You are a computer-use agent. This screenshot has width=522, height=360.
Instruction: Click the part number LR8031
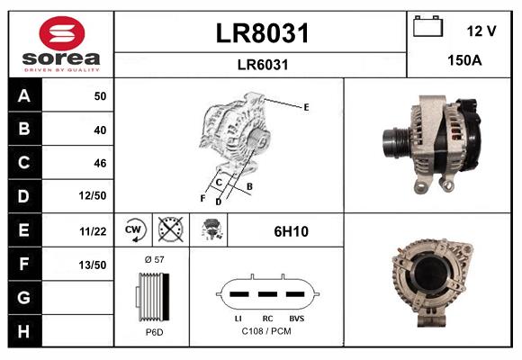point(262,34)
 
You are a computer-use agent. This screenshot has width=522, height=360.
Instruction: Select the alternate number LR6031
point(262,64)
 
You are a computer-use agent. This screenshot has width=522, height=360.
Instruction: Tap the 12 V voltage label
point(481,31)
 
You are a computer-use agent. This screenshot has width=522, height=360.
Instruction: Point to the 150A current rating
point(464,61)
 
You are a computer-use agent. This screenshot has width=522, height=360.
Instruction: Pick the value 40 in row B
point(99,130)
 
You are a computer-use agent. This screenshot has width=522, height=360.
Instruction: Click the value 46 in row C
point(99,164)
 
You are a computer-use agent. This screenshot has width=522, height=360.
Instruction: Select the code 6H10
point(291,231)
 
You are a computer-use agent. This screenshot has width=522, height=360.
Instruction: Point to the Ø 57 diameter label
point(154,259)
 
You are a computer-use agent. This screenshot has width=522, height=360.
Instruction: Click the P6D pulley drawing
point(153,296)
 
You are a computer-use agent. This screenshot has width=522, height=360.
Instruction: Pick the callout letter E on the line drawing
point(306,107)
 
